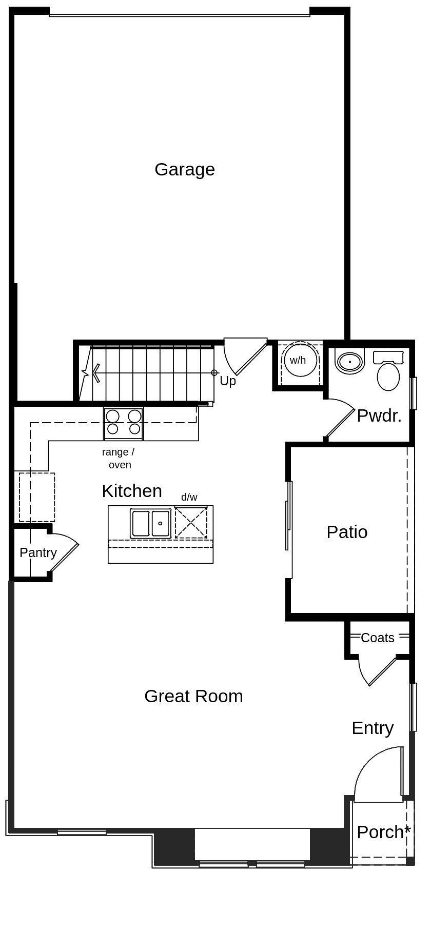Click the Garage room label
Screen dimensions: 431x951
(x=185, y=169)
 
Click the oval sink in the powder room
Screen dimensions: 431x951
(x=350, y=362)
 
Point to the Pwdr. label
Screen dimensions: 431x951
(x=379, y=416)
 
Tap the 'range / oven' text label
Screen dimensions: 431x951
(x=119, y=459)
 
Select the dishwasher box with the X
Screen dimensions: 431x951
(x=191, y=522)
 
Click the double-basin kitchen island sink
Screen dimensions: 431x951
(x=150, y=523)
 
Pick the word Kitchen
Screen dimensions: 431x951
(x=132, y=491)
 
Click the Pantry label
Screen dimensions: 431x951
(x=38, y=552)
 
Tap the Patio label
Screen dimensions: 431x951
(x=347, y=532)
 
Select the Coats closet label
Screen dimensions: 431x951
(x=378, y=638)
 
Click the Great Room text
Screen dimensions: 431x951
(x=193, y=696)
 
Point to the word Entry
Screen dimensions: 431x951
(x=373, y=728)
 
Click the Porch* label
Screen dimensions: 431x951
(x=384, y=832)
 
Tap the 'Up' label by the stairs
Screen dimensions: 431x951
(x=228, y=381)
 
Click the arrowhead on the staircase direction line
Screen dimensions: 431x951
(x=95, y=373)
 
